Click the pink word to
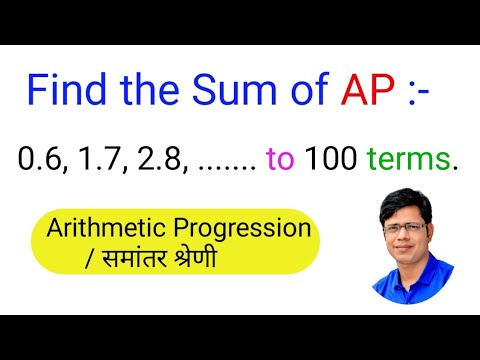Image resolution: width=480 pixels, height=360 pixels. tap(281, 159)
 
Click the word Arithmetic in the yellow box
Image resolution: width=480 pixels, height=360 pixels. tap(108, 228)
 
